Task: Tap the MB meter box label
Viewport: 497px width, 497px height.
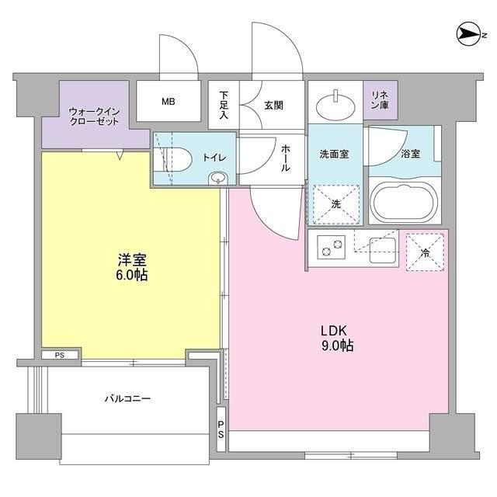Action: click(168, 100)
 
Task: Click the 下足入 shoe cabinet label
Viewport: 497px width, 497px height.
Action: click(224, 103)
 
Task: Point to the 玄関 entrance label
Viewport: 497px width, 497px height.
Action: click(273, 103)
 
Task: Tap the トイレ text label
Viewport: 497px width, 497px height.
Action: click(214, 157)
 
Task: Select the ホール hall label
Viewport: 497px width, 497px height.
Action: click(285, 159)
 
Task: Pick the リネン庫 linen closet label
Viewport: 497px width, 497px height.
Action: click(380, 100)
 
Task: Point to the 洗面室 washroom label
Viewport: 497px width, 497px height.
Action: click(334, 154)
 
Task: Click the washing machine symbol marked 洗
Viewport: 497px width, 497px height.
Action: click(335, 205)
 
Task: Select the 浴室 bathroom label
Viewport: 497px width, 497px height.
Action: click(411, 154)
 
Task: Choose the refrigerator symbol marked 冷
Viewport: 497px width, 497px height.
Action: click(424, 251)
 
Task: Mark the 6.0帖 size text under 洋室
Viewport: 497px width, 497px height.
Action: click(132, 275)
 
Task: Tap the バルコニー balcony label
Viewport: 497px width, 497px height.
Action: click(128, 399)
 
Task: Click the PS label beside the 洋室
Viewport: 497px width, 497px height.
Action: click(60, 356)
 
